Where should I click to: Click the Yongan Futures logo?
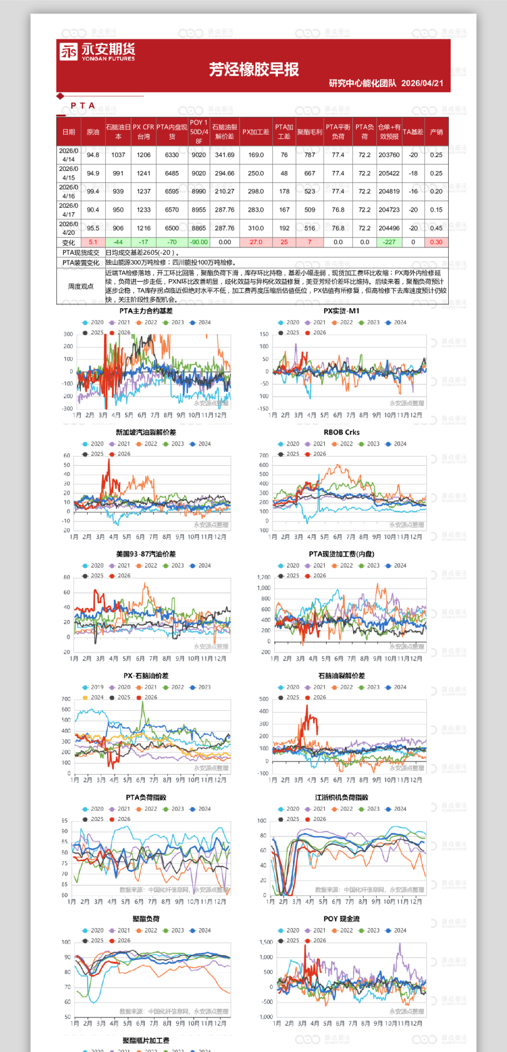tap(97, 51)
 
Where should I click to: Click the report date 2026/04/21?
tap(422, 83)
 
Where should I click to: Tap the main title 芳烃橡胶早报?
tap(253, 70)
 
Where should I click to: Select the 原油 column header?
tap(93, 132)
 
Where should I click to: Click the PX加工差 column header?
tap(255, 132)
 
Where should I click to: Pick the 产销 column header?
tap(436, 132)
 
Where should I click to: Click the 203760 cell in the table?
tap(389, 155)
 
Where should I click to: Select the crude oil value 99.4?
tap(93, 192)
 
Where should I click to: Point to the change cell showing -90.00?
tap(198, 242)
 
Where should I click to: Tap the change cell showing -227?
tap(389, 242)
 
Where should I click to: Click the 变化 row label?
tap(69, 243)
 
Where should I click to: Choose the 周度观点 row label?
tap(80, 286)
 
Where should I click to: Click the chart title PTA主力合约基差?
tap(146, 311)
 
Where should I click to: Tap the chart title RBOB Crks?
tap(341, 432)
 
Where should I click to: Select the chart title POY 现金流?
tap(341, 919)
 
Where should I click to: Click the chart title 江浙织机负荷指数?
tap(341, 797)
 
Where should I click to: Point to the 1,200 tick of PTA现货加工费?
tap(264, 577)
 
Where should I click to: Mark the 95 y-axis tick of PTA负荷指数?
tap(64, 820)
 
